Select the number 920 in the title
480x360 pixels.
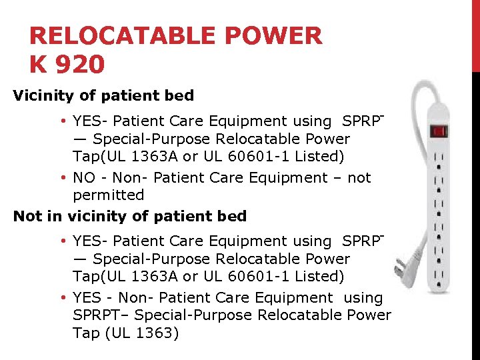point(82,65)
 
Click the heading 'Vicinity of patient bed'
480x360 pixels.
point(103,95)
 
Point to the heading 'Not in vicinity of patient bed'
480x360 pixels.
point(130,216)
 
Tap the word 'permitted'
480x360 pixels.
point(108,195)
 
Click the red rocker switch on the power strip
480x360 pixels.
point(439,131)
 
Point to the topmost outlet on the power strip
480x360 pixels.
point(439,159)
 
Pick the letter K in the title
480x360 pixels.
point(39,65)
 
